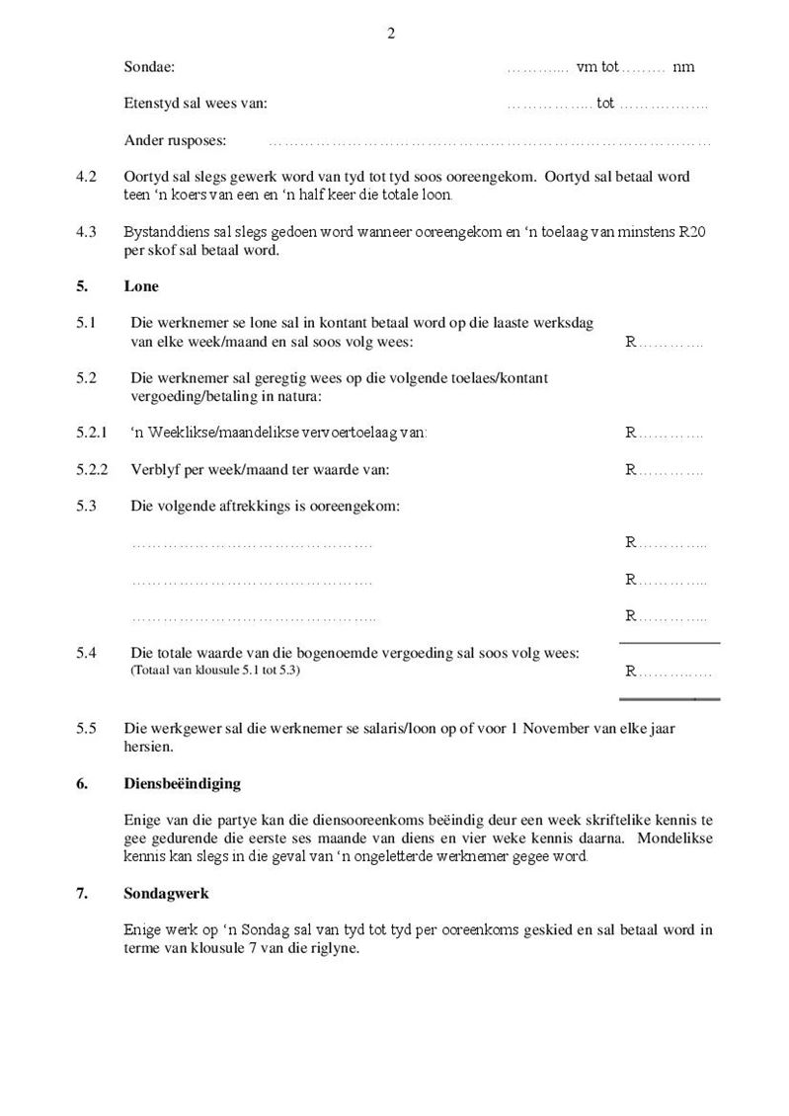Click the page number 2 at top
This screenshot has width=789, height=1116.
[x=391, y=33]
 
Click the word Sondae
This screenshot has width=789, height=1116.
[x=149, y=67]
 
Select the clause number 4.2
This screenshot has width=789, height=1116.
[x=86, y=177]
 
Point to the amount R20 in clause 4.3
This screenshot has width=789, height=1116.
[x=692, y=232]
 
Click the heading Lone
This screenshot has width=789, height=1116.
[x=141, y=286]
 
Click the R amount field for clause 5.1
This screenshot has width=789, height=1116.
[x=664, y=343]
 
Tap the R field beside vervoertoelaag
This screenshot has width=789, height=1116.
[x=664, y=433]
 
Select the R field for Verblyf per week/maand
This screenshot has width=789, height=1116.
[x=664, y=470]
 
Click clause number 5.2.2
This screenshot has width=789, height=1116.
[x=92, y=470]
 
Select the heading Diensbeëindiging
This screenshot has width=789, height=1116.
[x=183, y=784]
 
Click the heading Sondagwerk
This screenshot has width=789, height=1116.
[x=166, y=894]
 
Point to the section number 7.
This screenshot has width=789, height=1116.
[x=81, y=894]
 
